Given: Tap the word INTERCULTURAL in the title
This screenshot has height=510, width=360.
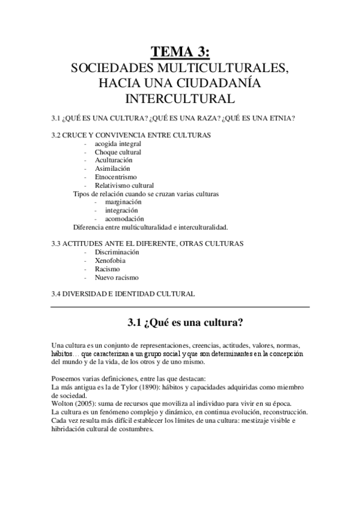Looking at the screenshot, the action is tap(180, 97).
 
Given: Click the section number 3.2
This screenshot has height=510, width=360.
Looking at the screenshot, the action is tap(58, 135).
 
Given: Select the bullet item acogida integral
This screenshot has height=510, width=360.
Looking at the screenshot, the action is tap(118, 144).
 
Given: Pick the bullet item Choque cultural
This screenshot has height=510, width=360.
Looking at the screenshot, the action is tap(118, 152).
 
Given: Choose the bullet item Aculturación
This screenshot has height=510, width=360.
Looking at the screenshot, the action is tap(114, 161).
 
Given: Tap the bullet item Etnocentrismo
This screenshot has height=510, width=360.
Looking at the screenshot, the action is tap(115, 177).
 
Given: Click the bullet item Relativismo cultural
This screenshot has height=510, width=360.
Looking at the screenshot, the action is tap(124, 186).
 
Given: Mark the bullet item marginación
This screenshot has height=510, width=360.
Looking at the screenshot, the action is tap(123, 202).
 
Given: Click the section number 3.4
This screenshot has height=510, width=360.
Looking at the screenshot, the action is tap(58, 294).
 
